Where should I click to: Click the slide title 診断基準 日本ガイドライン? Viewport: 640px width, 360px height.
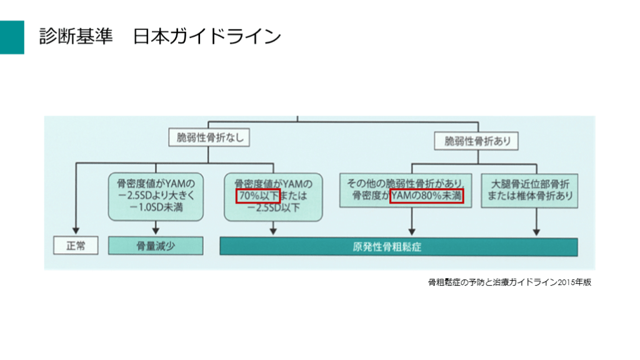160,36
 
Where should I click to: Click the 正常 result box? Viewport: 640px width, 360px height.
75,246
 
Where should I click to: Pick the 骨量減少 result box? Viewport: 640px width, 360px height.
156,246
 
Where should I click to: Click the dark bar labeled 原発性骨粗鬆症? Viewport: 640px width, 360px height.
398,246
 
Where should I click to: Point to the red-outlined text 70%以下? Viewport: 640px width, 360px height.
254,197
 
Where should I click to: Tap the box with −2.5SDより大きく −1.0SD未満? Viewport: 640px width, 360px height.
156,196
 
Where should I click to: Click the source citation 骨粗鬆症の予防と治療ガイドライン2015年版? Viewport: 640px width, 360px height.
509,282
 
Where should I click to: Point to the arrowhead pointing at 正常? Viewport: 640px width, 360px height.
75,232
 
